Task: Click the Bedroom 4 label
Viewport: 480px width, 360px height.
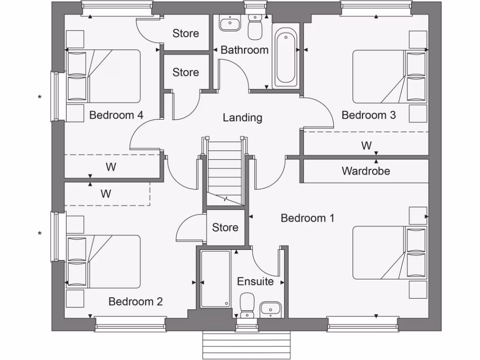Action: [116, 115]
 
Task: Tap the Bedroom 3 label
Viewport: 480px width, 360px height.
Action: [368, 115]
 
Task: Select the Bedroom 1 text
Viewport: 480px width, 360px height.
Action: [307, 218]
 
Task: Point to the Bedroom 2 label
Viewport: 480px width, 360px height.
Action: [135, 301]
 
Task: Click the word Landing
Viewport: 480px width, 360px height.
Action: [242, 118]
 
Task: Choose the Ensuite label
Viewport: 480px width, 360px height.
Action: [255, 281]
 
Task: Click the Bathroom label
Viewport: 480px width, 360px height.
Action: [244, 50]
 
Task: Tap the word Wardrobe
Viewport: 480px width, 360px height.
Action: [366, 171]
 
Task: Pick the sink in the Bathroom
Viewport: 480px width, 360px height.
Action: [230, 22]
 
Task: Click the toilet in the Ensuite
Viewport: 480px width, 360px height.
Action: [247, 304]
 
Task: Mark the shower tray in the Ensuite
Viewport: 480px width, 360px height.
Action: [216, 279]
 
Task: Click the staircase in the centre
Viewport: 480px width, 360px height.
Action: [225, 173]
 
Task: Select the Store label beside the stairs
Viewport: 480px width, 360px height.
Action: [225, 227]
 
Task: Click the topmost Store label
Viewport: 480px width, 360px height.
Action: [186, 33]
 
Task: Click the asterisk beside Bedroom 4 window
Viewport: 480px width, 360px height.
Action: [40, 97]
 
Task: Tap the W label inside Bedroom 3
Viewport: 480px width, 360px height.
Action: [366, 146]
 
